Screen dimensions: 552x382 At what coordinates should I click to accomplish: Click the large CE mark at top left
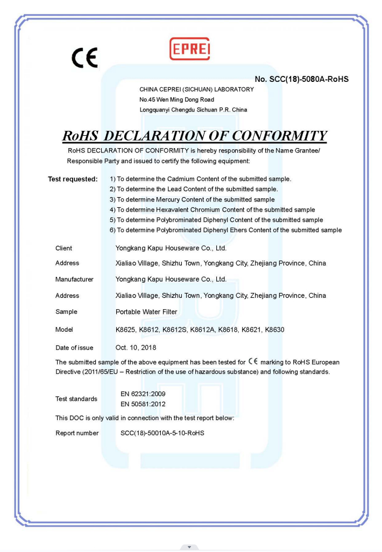click(x=85, y=57)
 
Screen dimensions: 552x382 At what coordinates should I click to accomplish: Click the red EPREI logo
click(x=189, y=48)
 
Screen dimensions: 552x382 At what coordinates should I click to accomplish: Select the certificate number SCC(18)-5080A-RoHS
click(x=302, y=79)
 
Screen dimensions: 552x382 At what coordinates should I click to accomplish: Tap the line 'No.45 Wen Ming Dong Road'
click(x=176, y=100)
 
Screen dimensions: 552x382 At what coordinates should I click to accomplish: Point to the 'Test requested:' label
click(x=73, y=179)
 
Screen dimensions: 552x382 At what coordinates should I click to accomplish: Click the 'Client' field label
click(x=63, y=248)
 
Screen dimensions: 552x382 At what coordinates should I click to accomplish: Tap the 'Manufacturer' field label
click(x=74, y=280)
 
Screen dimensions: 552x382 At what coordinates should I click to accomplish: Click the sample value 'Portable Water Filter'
click(x=146, y=312)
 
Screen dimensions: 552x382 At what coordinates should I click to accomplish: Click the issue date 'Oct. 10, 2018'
click(x=136, y=347)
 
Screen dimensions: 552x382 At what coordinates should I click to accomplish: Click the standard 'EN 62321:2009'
click(x=143, y=394)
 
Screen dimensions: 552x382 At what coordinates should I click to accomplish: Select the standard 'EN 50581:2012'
click(x=143, y=404)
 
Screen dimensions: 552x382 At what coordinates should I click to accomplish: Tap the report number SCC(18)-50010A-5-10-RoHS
click(x=162, y=433)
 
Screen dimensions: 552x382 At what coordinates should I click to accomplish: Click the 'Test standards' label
click(x=76, y=399)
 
